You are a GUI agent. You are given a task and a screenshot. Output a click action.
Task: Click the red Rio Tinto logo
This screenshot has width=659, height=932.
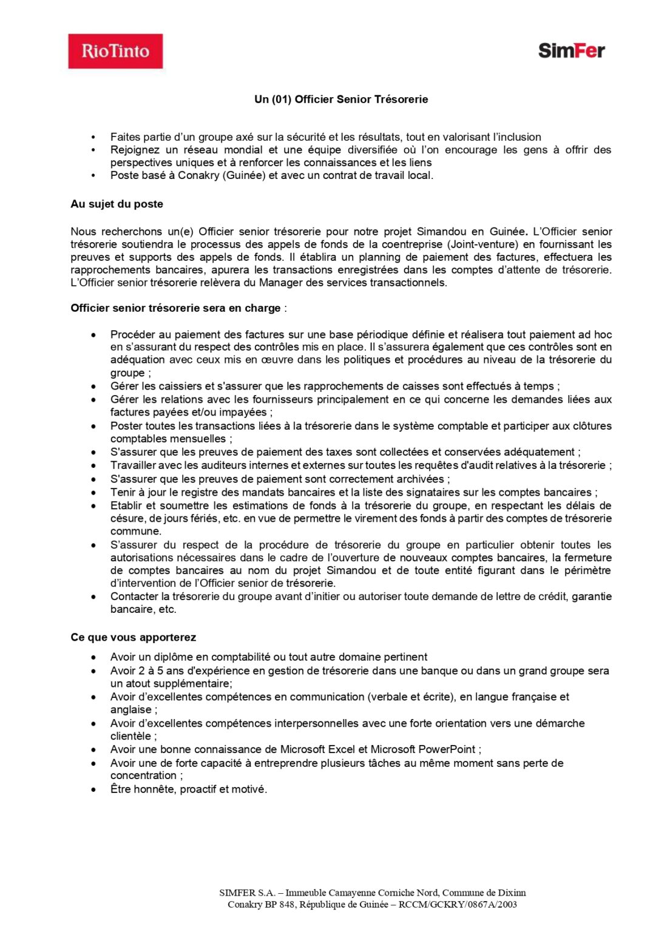115,51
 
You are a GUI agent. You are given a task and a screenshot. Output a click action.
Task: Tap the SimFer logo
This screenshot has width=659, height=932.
571,50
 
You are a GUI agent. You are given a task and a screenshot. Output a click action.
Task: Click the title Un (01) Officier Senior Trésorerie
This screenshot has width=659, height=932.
341,100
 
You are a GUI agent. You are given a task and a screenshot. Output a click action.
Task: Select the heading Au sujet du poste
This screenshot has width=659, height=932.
117,204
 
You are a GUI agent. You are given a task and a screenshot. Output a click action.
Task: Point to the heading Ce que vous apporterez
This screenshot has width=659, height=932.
133,637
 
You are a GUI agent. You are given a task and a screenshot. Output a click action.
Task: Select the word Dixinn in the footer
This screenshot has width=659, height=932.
512,893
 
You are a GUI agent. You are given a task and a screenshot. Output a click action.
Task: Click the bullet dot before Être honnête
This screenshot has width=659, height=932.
93,790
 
